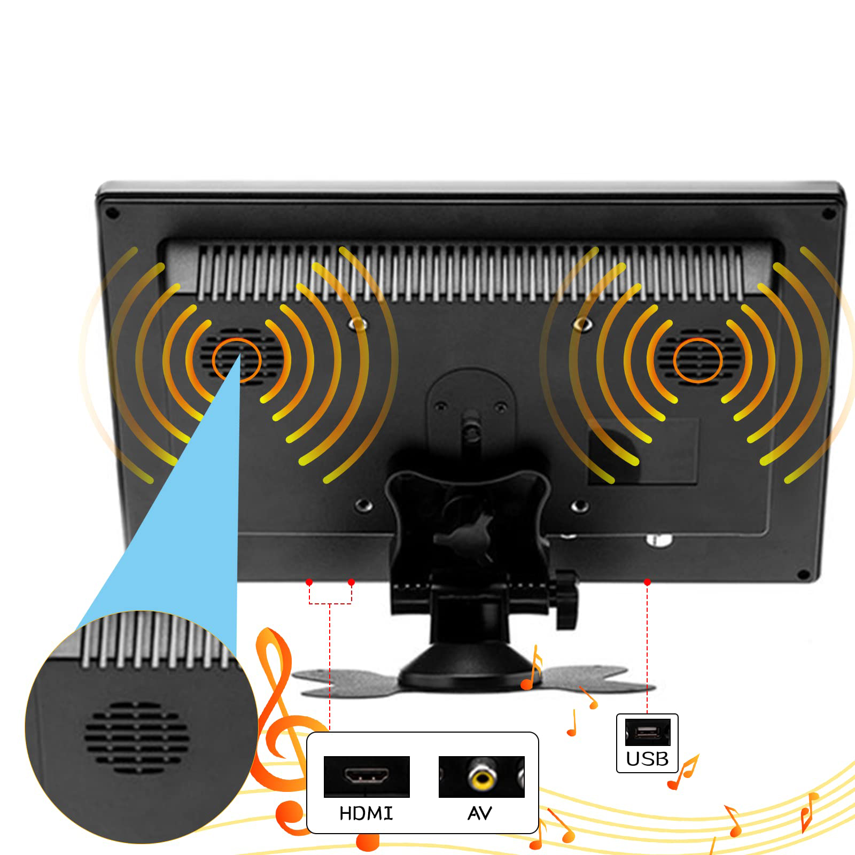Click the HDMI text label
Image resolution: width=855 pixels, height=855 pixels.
tap(366, 813)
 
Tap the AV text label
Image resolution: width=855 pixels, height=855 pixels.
tap(479, 813)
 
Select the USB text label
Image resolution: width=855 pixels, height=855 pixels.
tap(647, 759)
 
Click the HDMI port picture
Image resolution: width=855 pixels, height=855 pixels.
tap(367, 775)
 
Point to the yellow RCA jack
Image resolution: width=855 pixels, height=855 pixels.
tap(482, 776)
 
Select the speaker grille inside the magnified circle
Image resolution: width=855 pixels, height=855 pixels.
tap(137, 737)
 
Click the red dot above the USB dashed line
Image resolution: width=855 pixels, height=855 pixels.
tap(647, 582)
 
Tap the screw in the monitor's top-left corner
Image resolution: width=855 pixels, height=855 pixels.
tap(113, 213)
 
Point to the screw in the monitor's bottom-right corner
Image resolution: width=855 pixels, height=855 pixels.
tap(803, 575)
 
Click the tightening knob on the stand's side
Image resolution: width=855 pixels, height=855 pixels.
tap(566, 598)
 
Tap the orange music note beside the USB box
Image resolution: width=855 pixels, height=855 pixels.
tap(684, 772)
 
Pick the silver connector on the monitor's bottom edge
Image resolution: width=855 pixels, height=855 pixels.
tap(659, 541)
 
